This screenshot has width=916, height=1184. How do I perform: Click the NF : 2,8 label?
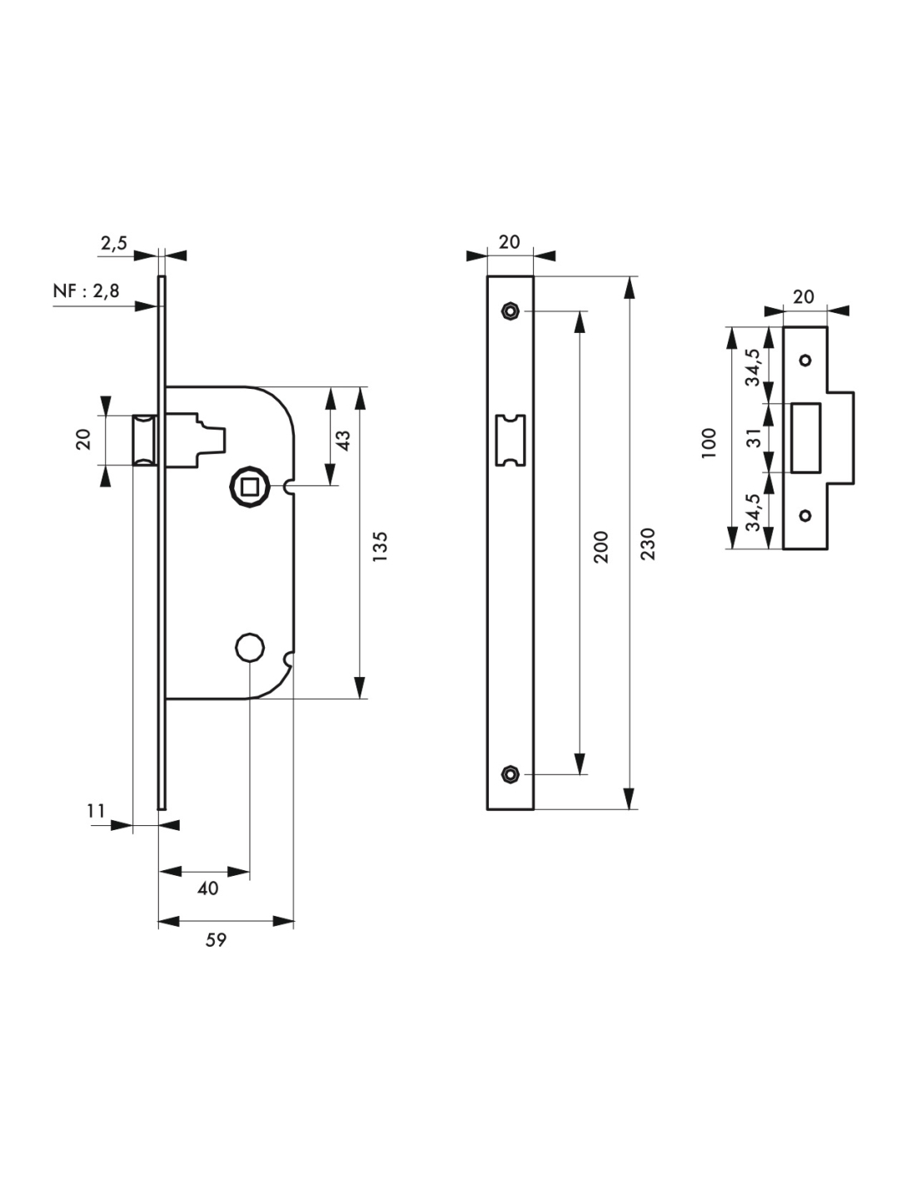click(86, 291)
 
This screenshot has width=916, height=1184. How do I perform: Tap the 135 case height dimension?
click(381, 547)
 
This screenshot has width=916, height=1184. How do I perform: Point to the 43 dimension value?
click(345, 440)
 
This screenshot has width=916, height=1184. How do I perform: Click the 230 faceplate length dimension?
click(648, 544)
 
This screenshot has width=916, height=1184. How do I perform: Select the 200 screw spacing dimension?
click(600, 546)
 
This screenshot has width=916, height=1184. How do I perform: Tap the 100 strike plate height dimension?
click(709, 443)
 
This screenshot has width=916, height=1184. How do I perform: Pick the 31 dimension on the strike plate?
click(754, 437)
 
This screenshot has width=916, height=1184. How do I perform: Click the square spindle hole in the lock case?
click(250, 486)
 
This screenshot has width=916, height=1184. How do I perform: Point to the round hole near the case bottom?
click(250, 647)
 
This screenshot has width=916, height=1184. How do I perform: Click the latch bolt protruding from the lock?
click(145, 440)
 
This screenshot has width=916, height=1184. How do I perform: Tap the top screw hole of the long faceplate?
click(510, 311)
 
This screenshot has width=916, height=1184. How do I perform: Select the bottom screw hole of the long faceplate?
click(510, 774)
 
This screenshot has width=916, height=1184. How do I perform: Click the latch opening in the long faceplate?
click(510, 440)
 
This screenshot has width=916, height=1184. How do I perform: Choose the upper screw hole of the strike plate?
click(805, 361)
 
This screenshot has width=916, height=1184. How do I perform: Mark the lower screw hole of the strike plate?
click(805, 515)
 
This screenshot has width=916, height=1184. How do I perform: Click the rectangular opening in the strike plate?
click(805, 437)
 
